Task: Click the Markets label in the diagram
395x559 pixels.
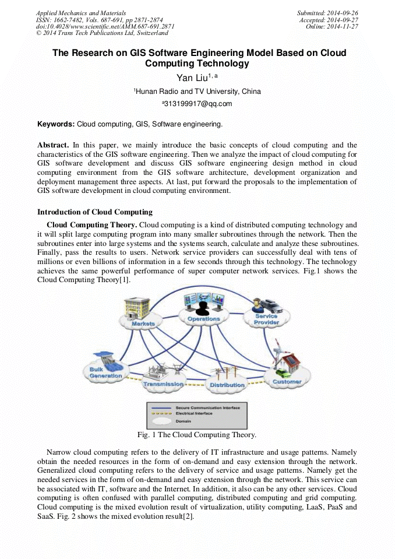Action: click(x=143, y=323)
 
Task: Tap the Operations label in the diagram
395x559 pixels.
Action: click(x=203, y=319)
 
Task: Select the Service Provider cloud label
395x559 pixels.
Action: click(x=266, y=319)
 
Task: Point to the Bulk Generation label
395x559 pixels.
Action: click(x=106, y=372)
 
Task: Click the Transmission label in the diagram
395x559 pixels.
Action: click(x=163, y=384)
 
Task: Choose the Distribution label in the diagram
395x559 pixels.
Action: click(x=227, y=385)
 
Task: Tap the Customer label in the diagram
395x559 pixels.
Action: click(x=287, y=382)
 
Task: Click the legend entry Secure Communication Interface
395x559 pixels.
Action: click(x=207, y=407)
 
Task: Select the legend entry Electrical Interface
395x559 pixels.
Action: click(x=196, y=413)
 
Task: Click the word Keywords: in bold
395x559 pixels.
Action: click(x=56, y=124)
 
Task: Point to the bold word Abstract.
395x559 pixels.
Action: click(x=52, y=145)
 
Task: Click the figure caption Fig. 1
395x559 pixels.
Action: click(x=196, y=435)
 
